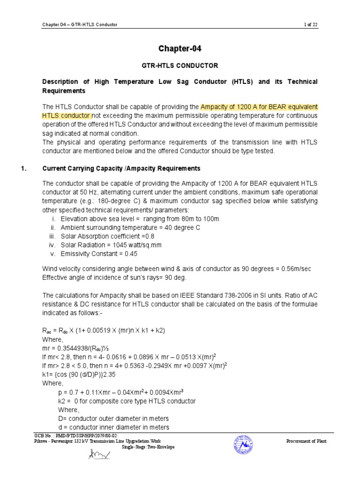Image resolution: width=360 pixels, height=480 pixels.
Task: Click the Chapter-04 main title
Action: click(180, 49)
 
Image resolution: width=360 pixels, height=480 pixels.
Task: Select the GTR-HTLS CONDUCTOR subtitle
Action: click(180, 66)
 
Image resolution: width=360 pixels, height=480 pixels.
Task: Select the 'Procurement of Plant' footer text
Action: click(306, 442)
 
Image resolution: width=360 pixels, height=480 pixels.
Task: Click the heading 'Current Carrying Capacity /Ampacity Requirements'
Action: click(121, 168)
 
